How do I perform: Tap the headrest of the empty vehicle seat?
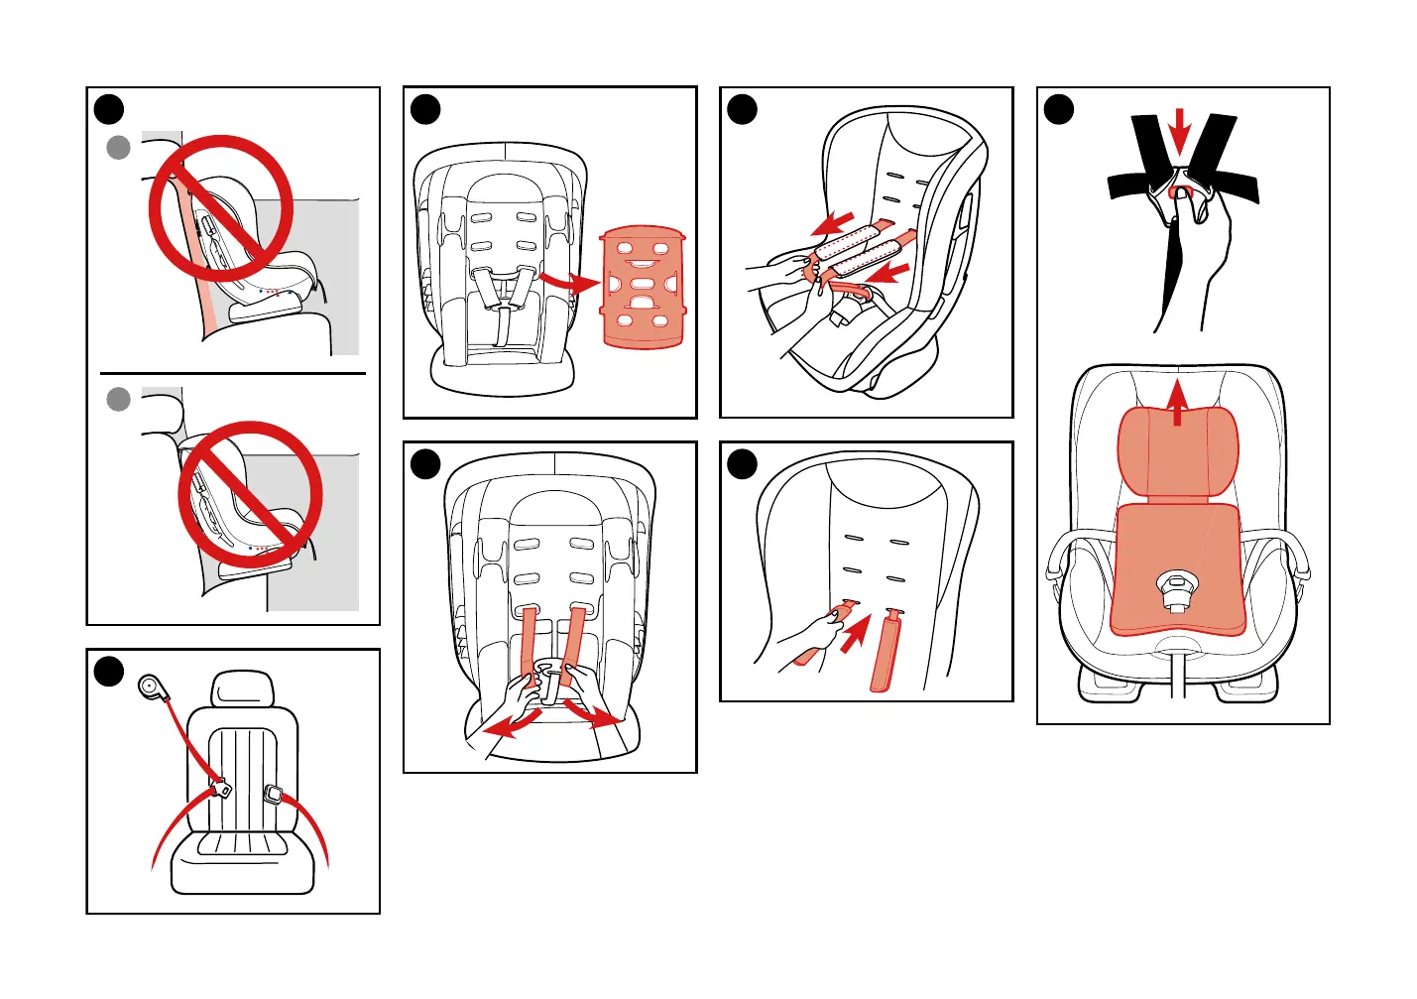242,689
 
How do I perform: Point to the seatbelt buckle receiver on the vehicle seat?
274,795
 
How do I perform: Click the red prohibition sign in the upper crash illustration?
221,208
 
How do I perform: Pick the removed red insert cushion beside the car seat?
643,288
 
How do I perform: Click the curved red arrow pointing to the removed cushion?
568,282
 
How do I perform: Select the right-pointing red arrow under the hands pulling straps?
595,715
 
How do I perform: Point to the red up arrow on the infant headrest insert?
1177,401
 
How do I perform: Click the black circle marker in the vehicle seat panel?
109,672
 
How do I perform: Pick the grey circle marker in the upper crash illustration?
118,148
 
